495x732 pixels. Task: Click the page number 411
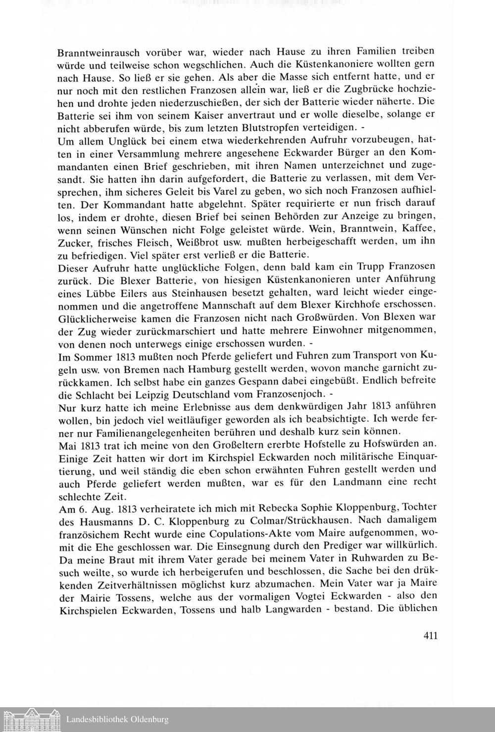(x=430, y=636)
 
